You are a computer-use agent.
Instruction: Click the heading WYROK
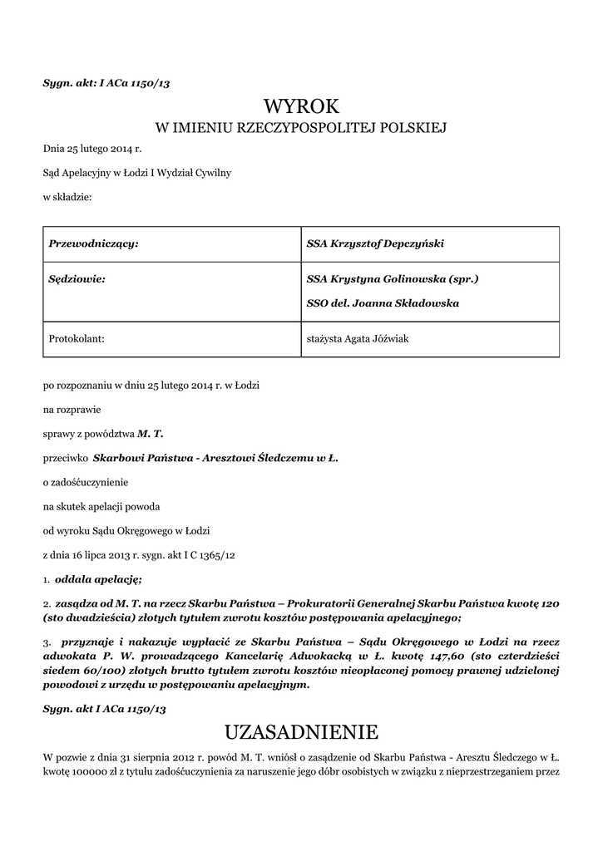pos(301,106)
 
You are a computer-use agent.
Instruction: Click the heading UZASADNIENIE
pos(301,732)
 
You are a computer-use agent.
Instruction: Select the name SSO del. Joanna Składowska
pos(383,303)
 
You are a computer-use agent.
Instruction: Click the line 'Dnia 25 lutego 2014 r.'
pos(92,149)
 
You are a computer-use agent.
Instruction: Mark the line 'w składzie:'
pos(67,197)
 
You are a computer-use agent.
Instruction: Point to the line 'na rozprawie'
pos(72,410)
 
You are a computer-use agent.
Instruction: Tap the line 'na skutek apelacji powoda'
pos(101,506)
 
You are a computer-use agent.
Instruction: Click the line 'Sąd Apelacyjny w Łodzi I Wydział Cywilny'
pos(137,173)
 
